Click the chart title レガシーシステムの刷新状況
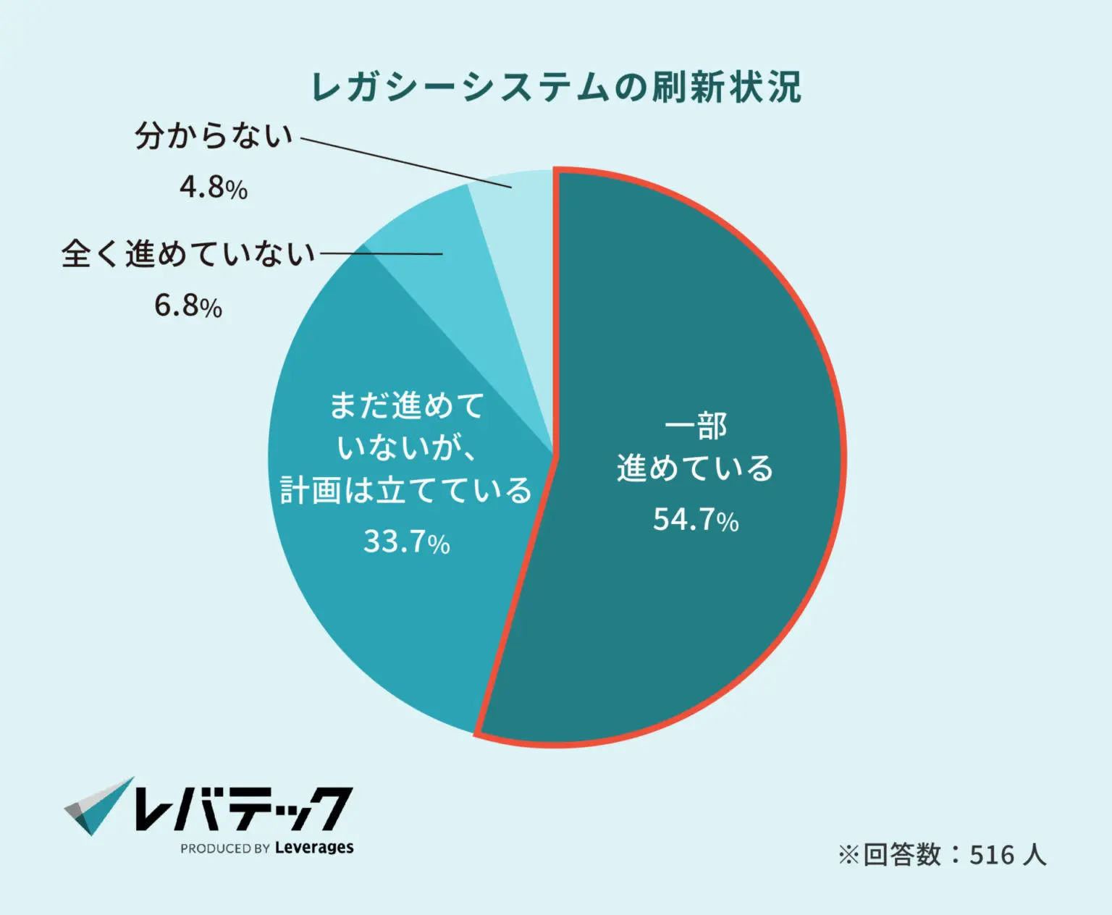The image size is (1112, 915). coord(556,88)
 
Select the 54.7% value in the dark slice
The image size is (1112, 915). coord(695,519)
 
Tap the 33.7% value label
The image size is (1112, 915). coord(406,541)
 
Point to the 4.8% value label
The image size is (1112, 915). coord(214,187)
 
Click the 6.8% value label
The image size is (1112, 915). coord(188,305)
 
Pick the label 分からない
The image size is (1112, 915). coord(214,135)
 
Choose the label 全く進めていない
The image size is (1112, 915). coord(188,253)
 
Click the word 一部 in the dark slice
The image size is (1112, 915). coord(696,426)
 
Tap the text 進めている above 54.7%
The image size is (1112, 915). coord(695,468)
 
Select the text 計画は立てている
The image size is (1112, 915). coord(406,491)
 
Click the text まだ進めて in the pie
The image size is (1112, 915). coord(406,405)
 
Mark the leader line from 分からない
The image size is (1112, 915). coord(405,163)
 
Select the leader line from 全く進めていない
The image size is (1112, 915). coord(381,253)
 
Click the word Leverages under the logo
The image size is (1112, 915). coord(314,848)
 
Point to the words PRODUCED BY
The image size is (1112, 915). coord(225,848)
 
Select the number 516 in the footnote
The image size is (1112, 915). coord(991,855)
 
